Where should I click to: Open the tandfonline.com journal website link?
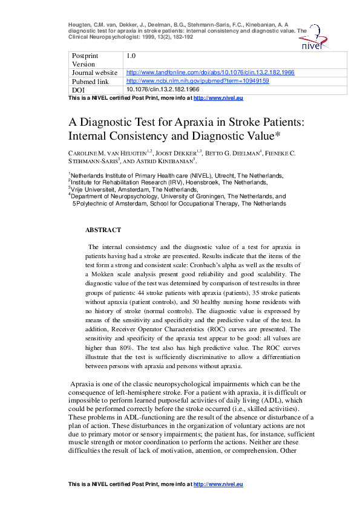coord(210,72)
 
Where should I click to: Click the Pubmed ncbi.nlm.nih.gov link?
coord(198,80)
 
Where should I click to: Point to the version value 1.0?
coord(131,56)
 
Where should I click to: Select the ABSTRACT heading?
coord(103,230)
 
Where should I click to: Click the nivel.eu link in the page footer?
coord(222,484)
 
